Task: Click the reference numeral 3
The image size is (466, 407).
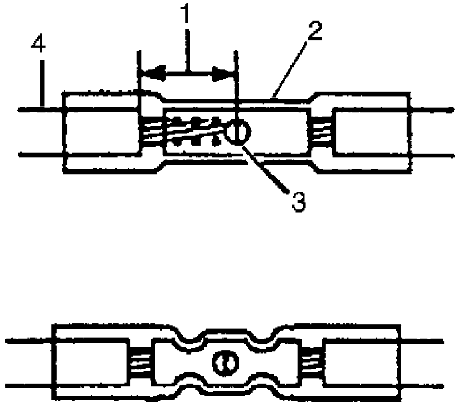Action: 299,201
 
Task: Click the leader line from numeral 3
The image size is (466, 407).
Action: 265,165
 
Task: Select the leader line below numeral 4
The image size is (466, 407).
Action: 42,85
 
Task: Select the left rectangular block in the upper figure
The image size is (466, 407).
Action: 101,132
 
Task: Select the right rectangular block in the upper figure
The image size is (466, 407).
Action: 371,132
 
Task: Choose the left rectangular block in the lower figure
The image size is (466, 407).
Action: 90,362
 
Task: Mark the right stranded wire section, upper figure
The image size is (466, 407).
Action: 321,133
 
